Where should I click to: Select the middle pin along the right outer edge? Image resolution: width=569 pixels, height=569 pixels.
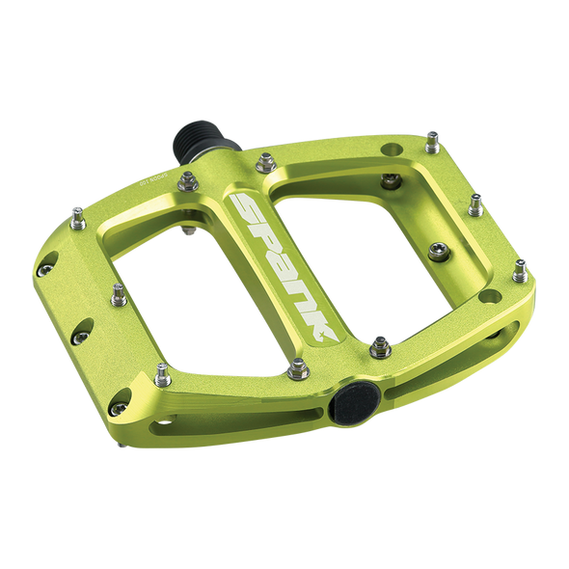(475, 203)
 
